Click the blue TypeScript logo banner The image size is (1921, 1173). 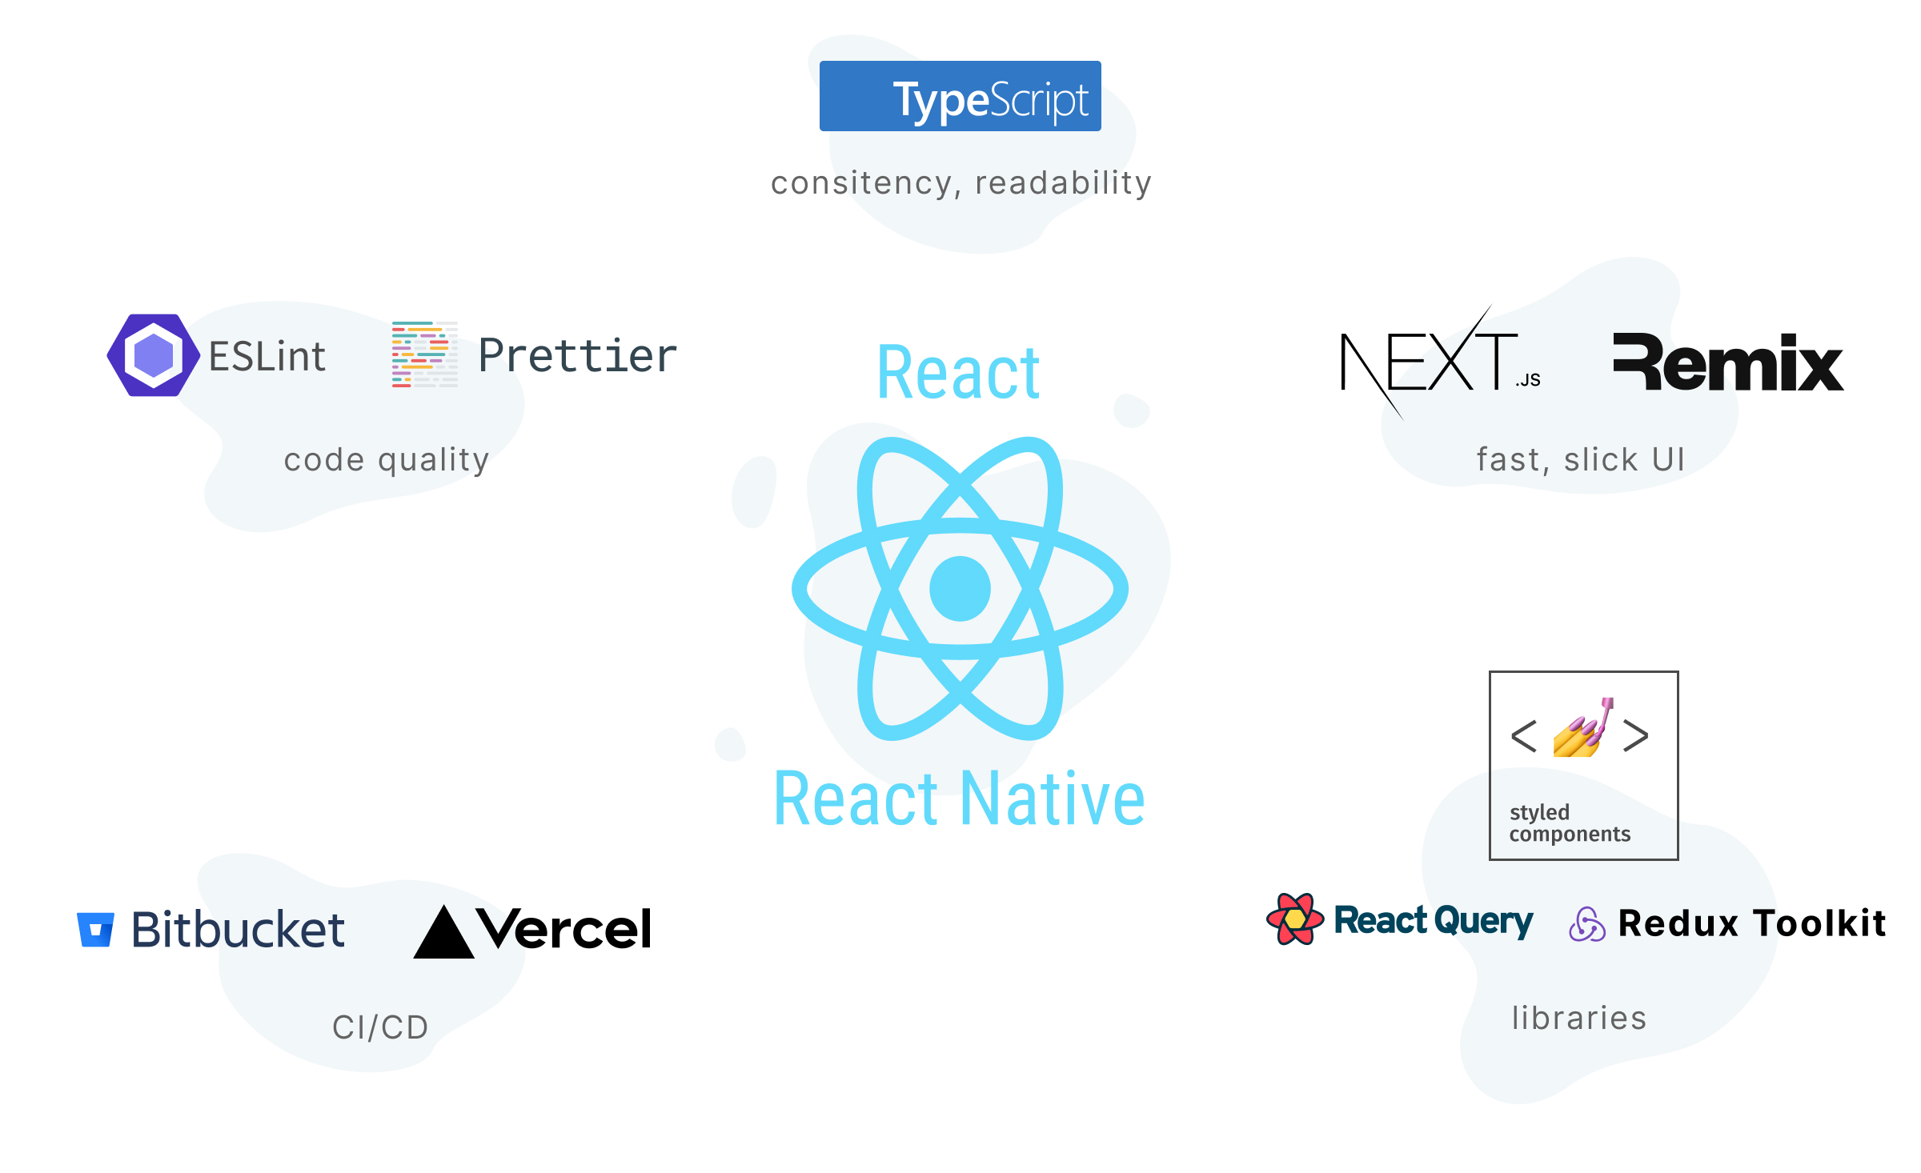pos(960,96)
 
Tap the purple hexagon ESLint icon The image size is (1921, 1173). pos(153,354)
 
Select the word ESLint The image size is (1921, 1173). pos(267,357)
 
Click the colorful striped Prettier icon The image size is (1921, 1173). pos(424,354)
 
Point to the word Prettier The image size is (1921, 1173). pos(577,356)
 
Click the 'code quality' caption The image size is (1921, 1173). pos(387,460)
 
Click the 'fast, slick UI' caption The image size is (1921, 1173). pos(1581,459)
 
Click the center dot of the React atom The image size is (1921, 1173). pos(960,588)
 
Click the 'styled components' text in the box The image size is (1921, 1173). pos(1569,823)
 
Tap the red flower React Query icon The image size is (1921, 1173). pos(1294,919)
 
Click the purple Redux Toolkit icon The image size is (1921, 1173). pos(1586,924)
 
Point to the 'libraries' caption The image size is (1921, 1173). pos(1578,1018)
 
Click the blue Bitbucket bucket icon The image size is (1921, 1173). pos(95,929)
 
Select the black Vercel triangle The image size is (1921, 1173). pos(443,934)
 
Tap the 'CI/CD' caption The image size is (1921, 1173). pos(380,1027)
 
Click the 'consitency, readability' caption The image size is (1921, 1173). pos(960,183)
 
